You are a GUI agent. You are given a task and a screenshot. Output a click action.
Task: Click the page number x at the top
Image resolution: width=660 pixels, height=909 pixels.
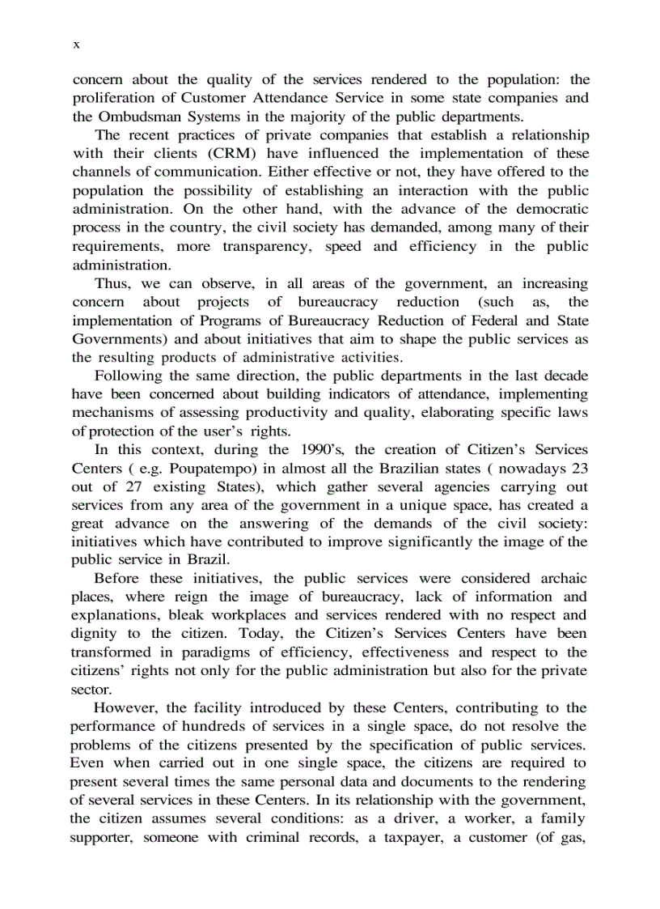[x=76, y=45]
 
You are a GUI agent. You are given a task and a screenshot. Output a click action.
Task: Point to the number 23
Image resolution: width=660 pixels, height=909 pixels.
[x=579, y=468]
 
